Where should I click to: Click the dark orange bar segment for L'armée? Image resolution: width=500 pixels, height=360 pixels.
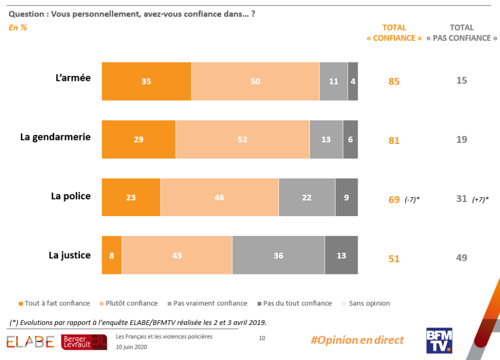[146, 81]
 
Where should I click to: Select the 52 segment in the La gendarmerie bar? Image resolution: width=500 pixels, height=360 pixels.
[242, 139]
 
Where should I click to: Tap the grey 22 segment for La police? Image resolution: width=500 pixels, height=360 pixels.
[306, 197]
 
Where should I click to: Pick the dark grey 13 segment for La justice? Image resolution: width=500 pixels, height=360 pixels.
[341, 255]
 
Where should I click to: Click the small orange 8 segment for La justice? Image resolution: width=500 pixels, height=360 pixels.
[112, 255]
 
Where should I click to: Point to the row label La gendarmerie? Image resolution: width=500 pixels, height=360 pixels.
[55, 137]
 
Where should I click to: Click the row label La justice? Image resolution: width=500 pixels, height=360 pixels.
[70, 255]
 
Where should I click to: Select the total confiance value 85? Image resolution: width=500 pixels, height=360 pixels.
[394, 81]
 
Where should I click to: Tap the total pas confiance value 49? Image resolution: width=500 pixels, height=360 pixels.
[461, 258]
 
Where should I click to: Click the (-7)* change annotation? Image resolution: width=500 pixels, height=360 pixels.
[412, 200]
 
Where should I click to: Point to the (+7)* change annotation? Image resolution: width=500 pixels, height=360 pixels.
[480, 200]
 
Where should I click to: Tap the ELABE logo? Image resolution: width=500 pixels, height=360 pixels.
[30, 342]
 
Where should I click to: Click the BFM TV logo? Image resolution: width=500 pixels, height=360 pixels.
[439, 341]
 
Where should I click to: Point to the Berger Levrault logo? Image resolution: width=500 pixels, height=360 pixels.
[84, 342]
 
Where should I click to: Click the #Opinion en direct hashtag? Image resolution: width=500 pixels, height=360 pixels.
[357, 340]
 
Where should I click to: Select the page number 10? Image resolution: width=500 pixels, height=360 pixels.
[262, 338]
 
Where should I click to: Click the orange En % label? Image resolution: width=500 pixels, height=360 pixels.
[18, 27]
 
